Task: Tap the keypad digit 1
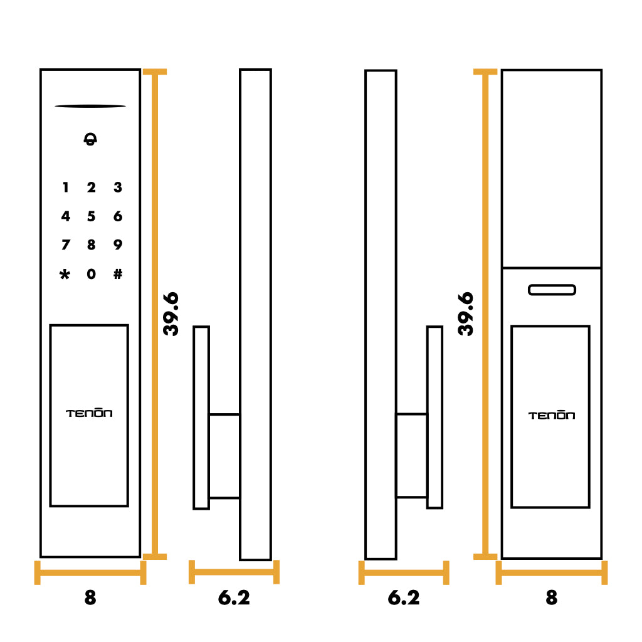[x=65, y=187]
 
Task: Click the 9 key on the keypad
[x=117, y=245]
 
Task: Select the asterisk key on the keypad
[x=65, y=274]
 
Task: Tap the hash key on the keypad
[x=118, y=274]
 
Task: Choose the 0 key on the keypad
[x=92, y=274]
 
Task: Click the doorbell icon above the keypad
[x=90, y=139]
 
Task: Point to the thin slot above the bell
[x=90, y=106]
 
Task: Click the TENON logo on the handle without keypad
[x=552, y=415]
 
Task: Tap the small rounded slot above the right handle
[x=552, y=290]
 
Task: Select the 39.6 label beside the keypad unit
[x=171, y=314]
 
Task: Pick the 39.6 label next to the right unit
[x=466, y=314]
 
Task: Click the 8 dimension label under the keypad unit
[x=90, y=597]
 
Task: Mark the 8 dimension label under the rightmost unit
[x=552, y=597]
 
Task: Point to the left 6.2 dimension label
[x=234, y=597]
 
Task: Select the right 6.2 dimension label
[x=404, y=597]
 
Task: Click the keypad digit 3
[x=118, y=187]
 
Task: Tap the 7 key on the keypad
[x=65, y=245]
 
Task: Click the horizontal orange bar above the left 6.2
[x=234, y=572]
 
